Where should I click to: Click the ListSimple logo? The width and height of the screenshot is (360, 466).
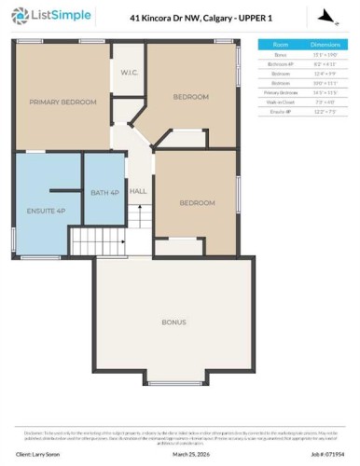(41, 16)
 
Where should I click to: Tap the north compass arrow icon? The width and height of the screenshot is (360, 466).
(325, 16)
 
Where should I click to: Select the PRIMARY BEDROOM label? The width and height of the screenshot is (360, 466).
(62, 102)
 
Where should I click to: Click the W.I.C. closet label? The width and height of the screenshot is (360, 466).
(129, 73)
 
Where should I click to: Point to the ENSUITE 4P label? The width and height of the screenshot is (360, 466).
(46, 212)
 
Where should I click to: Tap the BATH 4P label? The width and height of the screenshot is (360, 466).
(104, 192)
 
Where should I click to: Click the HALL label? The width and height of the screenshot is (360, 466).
(138, 191)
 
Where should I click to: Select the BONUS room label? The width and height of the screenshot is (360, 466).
(173, 322)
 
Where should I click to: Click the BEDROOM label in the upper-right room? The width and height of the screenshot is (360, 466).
(191, 96)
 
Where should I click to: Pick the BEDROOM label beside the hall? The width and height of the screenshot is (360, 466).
(196, 202)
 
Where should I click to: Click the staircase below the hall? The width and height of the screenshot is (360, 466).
(138, 238)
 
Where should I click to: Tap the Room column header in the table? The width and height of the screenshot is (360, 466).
(280, 44)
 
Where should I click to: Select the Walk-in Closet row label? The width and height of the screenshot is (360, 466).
(280, 102)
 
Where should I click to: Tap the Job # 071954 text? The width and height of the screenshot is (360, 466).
(327, 456)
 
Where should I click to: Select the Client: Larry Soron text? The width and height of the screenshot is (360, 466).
(38, 456)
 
